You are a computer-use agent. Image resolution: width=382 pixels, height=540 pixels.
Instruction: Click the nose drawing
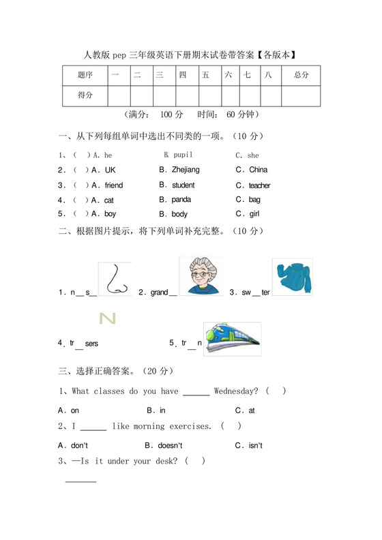[113, 280]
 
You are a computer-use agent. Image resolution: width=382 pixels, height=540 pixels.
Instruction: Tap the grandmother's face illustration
[201, 276]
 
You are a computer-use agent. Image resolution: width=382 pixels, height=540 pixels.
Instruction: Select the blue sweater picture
[292, 276]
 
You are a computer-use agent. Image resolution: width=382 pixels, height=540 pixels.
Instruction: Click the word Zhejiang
[186, 170]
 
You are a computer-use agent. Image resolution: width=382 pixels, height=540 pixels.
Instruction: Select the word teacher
[259, 185]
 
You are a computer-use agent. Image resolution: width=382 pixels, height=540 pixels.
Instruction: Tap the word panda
[181, 200]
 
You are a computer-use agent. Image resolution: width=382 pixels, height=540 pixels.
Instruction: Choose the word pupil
[183, 155]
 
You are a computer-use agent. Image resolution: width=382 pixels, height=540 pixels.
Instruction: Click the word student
[183, 185]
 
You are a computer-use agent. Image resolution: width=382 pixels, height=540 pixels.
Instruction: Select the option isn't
[254, 445]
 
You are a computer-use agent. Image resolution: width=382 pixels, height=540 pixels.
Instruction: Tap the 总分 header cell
[302, 75]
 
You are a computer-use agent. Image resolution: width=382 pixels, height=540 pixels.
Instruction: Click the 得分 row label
[85, 96]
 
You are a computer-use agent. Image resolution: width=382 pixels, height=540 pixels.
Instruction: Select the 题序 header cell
[85, 75]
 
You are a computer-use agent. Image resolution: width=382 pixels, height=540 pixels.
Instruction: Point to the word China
[259, 170]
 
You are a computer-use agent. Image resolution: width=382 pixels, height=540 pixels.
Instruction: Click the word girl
[254, 214]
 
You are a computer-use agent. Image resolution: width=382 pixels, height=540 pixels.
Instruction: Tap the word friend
[114, 185]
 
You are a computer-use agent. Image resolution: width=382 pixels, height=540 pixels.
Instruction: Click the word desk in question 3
[164, 461]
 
